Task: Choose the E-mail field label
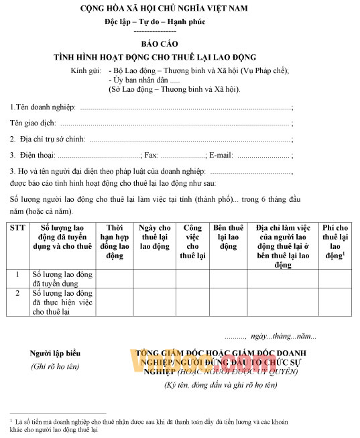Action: tap(222, 156)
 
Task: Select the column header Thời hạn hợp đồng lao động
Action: tap(114, 241)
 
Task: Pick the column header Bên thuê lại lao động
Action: tap(228, 237)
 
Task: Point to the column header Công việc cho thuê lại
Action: tap(192, 241)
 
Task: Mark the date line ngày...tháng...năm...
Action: tap(283, 335)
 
